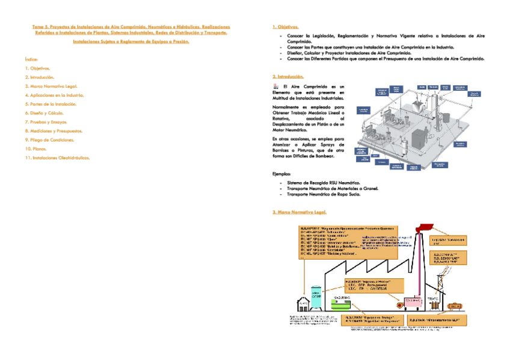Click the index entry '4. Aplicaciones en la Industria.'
(55, 95)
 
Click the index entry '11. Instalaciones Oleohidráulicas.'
(57, 157)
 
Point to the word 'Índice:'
(32, 59)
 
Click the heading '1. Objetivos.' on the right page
(286, 27)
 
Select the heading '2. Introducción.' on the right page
(288, 77)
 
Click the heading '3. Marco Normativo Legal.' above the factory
(299, 213)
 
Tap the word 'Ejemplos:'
(282, 174)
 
